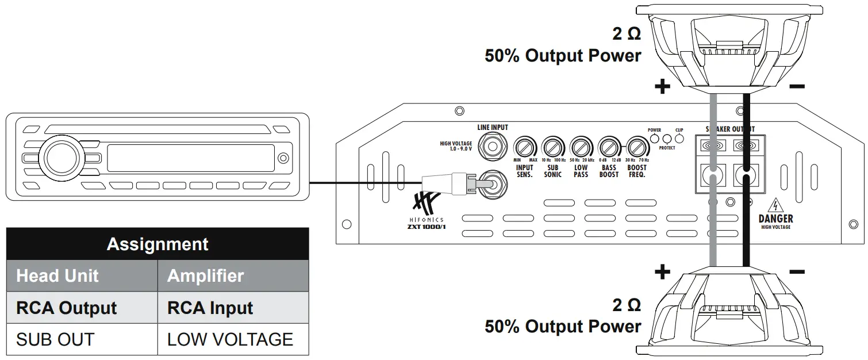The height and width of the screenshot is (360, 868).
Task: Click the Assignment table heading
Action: pos(158,244)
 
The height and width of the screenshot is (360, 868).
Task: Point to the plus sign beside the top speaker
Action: pos(663,87)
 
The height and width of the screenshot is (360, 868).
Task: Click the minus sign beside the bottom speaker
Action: pos(797,271)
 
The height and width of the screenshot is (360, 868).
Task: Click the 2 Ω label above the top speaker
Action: pos(626,34)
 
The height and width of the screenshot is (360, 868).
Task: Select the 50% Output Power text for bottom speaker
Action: pos(563,327)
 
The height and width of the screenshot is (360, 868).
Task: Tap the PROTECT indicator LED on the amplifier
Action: pos(667,139)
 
